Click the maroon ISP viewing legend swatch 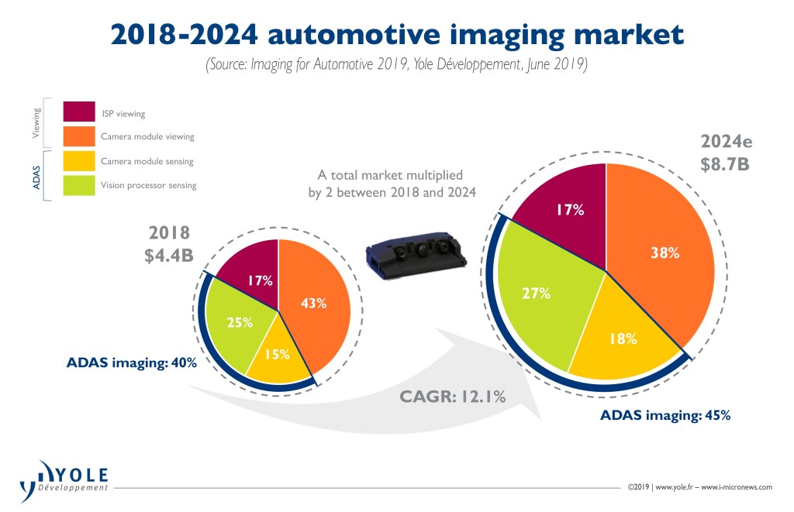click(78, 112)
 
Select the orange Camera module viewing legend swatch click(78, 136)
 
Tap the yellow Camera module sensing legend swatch click(78, 161)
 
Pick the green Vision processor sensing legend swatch click(78, 185)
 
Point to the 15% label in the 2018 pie click(277, 354)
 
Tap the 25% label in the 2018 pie click(240, 322)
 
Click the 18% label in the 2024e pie click(623, 338)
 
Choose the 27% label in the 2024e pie click(536, 293)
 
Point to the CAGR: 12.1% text click(453, 397)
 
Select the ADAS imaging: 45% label click(665, 415)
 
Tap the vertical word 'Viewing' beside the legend click(36, 123)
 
